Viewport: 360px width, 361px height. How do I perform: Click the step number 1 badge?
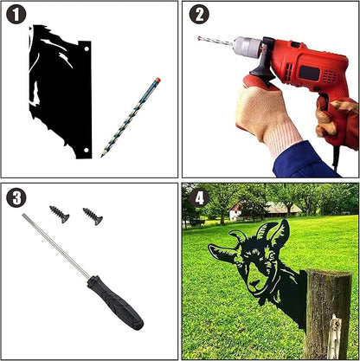(16, 15)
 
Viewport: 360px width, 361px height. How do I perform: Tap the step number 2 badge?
(199, 15)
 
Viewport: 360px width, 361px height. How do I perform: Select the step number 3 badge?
(16, 197)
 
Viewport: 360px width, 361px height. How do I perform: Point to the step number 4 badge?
(199, 198)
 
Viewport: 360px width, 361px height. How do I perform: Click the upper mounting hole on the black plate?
(87, 48)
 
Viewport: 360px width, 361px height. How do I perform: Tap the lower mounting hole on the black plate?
(86, 151)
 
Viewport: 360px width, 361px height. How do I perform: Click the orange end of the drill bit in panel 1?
(157, 80)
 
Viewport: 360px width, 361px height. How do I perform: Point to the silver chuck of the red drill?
(247, 47)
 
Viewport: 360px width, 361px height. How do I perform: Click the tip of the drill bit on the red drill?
(199, 38)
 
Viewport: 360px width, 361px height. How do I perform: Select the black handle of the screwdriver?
(115, 303)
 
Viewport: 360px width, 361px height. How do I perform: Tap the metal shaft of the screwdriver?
(56, 246)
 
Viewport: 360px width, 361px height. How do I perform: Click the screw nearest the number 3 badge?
(60, 214)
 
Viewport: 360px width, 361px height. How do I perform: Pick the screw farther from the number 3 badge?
(93, 216)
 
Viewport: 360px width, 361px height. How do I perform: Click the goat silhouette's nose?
(254, 283)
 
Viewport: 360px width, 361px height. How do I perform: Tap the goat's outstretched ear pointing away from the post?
(223, 253)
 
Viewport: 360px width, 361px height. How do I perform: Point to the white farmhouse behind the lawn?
(235, 212)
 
